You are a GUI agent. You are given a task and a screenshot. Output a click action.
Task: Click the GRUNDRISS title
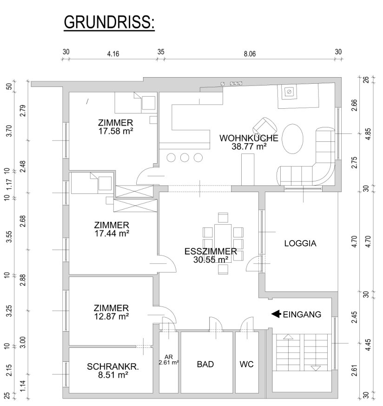click(109, 22)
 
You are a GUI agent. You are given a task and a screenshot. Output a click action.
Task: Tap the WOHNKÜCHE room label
click(249, 138)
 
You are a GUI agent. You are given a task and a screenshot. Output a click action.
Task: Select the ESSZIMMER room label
click(211, 251)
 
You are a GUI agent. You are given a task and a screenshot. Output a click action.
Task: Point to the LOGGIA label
click(300, 243)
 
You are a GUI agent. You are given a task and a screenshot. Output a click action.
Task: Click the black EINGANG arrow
click(276, 314)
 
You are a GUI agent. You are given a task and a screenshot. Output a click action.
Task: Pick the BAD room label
click(205, 364)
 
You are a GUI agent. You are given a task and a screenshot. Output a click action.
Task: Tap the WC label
click(246, 364)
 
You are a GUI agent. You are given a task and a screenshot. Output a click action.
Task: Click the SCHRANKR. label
click(113, 366)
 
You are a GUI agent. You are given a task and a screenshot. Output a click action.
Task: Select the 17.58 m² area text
click(116, 131)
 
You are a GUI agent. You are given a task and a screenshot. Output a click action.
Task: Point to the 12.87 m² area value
click(112, 316)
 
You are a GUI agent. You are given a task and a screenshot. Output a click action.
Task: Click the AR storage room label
click(168, 357)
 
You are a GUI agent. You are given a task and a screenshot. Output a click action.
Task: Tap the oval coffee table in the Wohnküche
click(292, 139)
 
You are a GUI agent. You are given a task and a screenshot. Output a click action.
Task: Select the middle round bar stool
click(185, 158)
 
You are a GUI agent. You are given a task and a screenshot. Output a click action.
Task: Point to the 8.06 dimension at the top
click(250, 54)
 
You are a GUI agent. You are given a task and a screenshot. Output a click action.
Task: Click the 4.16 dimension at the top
click(113, 54)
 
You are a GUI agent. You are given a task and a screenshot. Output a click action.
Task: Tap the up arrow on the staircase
click(288, 337)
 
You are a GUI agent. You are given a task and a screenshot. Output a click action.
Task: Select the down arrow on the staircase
click(316, 368)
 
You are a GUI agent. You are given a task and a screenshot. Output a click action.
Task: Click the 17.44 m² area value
click(112, 233)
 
